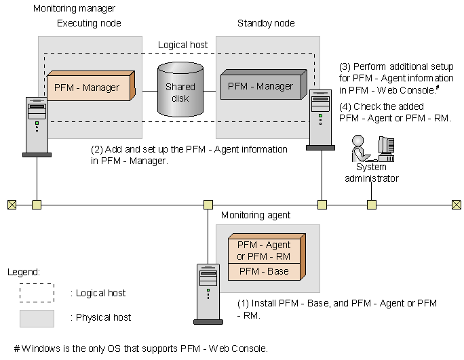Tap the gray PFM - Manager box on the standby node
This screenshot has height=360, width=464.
260,87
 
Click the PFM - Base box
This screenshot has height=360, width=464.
264,271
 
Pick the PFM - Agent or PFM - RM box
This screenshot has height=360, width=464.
264,249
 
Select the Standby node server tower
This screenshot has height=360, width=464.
321,119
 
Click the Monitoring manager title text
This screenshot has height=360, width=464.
74,9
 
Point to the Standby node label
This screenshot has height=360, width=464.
266,24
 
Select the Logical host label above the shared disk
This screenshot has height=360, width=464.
182,45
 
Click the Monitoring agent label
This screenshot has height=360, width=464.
256,215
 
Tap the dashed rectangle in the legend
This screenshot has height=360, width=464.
37,293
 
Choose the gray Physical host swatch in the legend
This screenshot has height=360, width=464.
37,317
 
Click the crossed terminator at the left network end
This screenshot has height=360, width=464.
11,203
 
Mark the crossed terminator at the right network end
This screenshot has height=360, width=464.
456,203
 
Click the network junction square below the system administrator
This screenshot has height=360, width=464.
372,203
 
